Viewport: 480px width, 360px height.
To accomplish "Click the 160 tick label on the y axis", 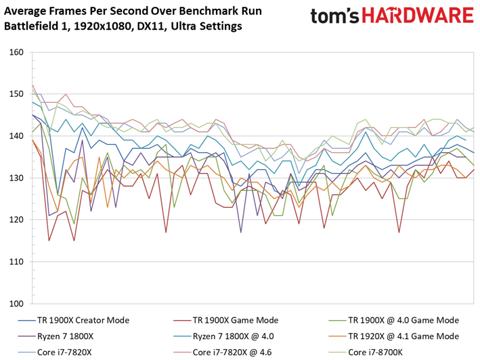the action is (x=16, y=52).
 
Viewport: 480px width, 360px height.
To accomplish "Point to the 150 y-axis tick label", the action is (x=16, y=94).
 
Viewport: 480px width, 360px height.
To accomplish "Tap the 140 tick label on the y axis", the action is (x=16, y=136).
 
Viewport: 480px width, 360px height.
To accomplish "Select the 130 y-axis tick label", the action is (x=16, y=178).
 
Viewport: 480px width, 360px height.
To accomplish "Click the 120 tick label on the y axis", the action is (x=16, y=220).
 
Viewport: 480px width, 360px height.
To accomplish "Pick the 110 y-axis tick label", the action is (x=16, y=261).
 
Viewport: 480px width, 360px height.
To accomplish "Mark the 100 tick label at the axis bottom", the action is (x=16, y=303).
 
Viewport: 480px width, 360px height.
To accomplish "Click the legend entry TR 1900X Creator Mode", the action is (x=74, y=320).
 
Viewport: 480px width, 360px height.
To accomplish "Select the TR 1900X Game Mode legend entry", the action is (x=226, y=320).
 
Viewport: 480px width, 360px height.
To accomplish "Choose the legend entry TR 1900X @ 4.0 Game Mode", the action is (x=393, y=320).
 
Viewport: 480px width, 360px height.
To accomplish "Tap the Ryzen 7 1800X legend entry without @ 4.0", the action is (x=56, y=336).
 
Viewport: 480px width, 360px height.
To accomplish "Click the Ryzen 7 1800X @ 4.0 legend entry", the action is (x=224, y=336).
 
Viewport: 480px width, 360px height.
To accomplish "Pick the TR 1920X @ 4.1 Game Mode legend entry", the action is (x=393, y=336).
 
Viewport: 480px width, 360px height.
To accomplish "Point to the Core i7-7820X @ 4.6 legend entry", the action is (x=223, y=353).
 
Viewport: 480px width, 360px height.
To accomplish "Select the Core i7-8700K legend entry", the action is (x=366, y=353).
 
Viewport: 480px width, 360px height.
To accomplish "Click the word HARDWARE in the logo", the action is (x=418, y=16).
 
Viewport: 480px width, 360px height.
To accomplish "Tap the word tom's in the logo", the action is (x=335, y=16).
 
